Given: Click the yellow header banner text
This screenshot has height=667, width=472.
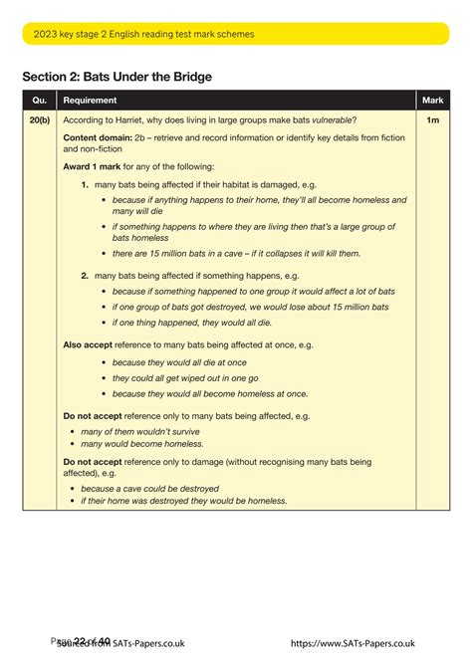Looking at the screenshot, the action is [143, 34].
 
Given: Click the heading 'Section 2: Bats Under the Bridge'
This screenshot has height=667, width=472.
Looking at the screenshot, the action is [118, 77].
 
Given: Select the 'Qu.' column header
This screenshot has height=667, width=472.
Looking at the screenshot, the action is [40, 101].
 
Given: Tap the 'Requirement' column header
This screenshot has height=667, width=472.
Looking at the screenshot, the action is [90, 101].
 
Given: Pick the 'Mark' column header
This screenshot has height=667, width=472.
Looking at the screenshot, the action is [432, 101].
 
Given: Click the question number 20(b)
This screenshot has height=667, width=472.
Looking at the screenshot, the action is [40, 119].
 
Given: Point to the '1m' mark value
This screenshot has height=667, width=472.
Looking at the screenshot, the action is [432, 119].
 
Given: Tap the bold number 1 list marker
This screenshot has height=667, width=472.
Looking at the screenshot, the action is [86, 185].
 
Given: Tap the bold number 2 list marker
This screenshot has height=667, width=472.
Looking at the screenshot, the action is [86, 275].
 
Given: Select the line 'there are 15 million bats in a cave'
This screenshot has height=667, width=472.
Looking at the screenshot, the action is [236, 254].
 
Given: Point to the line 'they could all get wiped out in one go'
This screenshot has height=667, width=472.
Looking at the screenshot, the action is [185, 378].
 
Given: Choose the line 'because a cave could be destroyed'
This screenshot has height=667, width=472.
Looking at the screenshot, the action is [149, 489].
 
